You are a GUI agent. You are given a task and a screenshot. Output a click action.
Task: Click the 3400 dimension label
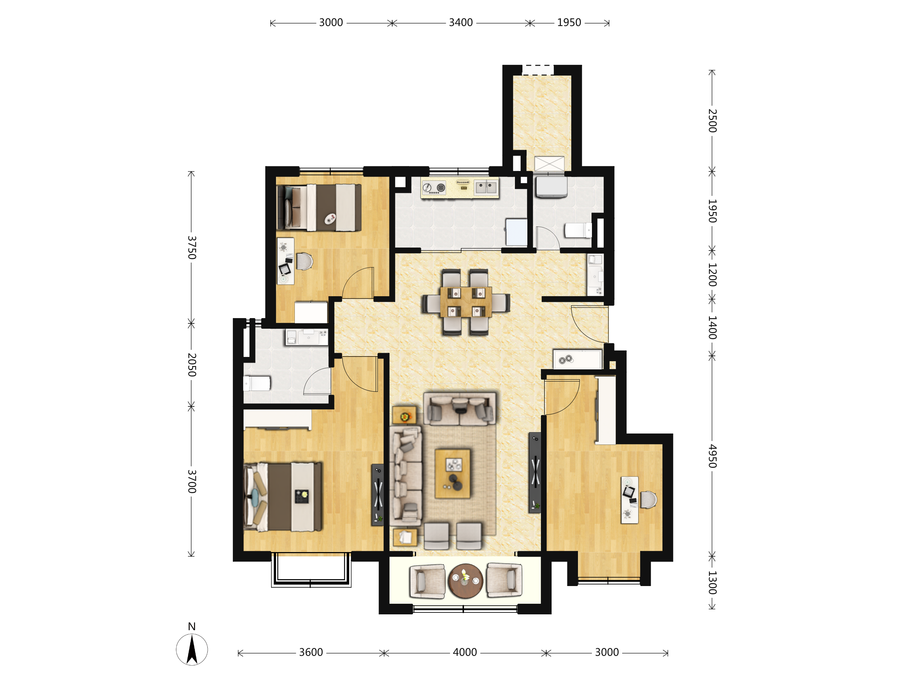(461, 23)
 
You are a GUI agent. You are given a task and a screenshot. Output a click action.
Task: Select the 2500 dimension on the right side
(712, 121)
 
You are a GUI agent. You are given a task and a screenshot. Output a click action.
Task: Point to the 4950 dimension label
(712, 456)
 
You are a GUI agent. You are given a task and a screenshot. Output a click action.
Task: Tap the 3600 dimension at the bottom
(311, 652)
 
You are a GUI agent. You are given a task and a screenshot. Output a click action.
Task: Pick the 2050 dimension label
(192, 365)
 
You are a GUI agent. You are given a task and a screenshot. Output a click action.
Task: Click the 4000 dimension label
(465, 652)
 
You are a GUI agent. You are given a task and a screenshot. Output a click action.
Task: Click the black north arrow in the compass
(192, 649)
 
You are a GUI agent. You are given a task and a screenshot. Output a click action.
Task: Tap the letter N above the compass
(192, 626)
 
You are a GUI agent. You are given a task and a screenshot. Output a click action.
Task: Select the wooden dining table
(466, 302)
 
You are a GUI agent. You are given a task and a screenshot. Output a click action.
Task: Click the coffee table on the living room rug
(453, 474)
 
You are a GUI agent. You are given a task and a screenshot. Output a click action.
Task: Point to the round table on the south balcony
(466, 581)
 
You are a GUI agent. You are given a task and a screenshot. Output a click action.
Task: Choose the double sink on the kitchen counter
(486, 188)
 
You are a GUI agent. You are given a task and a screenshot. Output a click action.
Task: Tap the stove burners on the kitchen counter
(434, 188)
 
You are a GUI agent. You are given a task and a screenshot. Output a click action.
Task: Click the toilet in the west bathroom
(257, 384)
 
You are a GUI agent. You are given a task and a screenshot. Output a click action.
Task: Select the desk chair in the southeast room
(649, 500)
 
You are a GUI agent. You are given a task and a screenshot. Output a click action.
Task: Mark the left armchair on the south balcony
(427, 582)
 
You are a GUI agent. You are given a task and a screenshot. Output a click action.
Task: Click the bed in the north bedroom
(319, 208)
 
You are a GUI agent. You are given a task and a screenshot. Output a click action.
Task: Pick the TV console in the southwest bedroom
(377, 495)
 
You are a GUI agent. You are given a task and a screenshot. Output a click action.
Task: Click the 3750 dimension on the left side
(192, 248)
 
